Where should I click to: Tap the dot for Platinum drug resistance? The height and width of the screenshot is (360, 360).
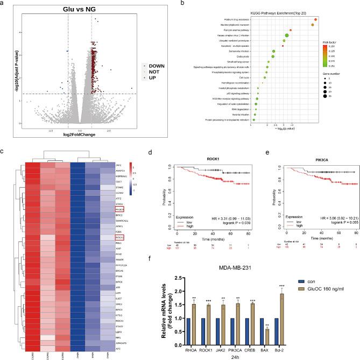315,19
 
